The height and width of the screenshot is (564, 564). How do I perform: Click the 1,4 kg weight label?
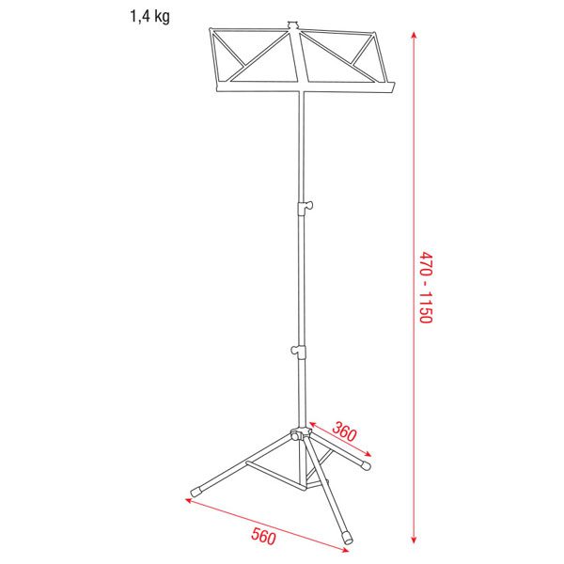pyautogui.click(x=149, y=17)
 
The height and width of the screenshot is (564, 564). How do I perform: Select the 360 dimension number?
pyautogui.click(x=344, y=431)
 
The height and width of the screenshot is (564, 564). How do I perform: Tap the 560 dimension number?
pyautogui.click(x=263, y=537)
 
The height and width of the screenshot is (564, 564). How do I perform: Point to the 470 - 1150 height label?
pyautogui.click(x=426, y=287)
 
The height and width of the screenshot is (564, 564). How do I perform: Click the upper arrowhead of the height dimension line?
pyautogui.click(x=414, y=36)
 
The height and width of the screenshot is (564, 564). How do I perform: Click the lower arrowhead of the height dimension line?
pyautogui.click(x=414, y=540)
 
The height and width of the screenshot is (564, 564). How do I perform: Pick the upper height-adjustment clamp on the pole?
pyautogui.click(x=305, y=208)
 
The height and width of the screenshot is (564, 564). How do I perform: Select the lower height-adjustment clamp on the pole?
pyautogui.click(x=299, y=351)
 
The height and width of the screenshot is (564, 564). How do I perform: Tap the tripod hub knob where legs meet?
pyautogui.click(x=299, y=434)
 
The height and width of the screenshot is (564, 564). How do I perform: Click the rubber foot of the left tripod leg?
pyautogui.click(x=196, y=492)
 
